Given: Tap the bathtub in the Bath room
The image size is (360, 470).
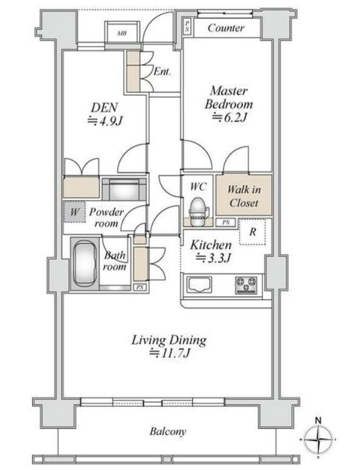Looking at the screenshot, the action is point(85,264).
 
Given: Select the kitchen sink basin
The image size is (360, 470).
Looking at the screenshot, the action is point(199,284).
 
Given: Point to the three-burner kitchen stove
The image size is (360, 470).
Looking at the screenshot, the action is point(246,285).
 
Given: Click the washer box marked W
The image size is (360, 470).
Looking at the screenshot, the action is point(75,211).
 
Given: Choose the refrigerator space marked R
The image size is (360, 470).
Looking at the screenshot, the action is point(253,232).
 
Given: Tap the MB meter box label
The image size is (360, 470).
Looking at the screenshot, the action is point(121,33).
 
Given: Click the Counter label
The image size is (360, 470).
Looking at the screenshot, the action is point(226,28).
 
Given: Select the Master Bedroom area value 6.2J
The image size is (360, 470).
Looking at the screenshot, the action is point(229,117).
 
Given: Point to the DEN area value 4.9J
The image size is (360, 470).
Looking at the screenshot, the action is point(105,121).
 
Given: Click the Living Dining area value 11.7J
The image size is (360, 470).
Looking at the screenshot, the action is point(170,353).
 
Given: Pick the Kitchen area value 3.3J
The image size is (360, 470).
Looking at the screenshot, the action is point(213,258).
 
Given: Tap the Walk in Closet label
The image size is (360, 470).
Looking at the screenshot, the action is point(244,196).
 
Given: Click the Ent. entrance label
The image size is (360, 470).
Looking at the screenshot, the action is point(162,71).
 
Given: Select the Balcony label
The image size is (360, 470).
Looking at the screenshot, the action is point(168,432).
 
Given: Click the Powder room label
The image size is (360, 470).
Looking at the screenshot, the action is point(106,217).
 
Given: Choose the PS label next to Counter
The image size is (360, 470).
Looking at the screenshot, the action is point(187,27).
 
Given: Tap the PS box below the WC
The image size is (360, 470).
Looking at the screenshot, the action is point(226,222).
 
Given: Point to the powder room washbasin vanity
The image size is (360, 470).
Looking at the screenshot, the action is point(124,190).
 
